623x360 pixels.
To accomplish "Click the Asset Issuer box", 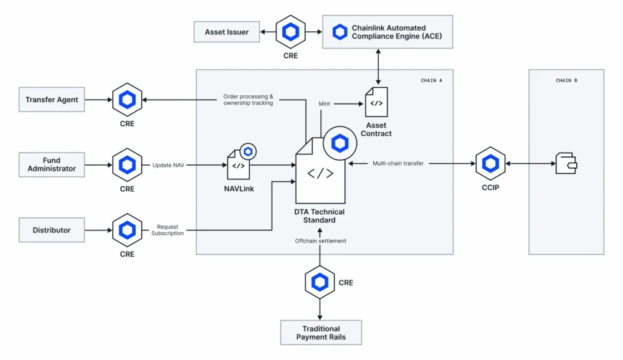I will (227, 32).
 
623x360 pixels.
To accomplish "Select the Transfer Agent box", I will (52, 100).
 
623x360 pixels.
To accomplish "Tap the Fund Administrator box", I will (52, 164).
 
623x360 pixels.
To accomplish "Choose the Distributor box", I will (52, 230).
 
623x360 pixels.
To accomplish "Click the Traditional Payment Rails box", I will (321, 333).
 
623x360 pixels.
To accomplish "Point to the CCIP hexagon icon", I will (490, 164).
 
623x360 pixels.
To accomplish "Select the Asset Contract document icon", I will (376, 102).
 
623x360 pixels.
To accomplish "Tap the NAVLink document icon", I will (239, 164).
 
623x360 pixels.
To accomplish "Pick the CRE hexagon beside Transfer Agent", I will (127, 100).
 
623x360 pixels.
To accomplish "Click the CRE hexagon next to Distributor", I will (127, 230).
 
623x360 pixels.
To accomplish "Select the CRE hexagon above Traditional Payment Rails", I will (320, 282).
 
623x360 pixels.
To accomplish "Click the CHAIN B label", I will (566, 80).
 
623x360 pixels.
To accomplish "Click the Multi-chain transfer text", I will (397, 163).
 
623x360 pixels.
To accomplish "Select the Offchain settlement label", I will (320, 240).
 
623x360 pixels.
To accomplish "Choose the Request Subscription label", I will (167, 230).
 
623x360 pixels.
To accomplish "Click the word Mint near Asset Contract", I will (324, 104).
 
